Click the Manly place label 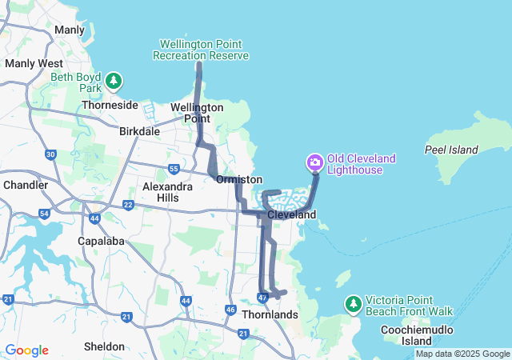(x=69, y=30)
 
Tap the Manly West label (x=34, y=62)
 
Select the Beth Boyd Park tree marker (x=114, y=81)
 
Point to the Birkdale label (x=139, y=132)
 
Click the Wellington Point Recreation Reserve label (x=204, y=50)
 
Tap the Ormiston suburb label (x=239, y=180)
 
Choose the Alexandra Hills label (x=167, y=192)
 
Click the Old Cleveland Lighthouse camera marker (x=315, y=164)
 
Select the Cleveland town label (x=292, y=215)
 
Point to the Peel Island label (x=451, y=150)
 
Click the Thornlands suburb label (x=270, y=315)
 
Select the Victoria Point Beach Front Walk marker (x=353, y=304)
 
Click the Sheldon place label (x=104, y=346)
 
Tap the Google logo (x=26, y=350)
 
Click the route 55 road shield (x=174, y=169)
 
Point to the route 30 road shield (x=51, y=154)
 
